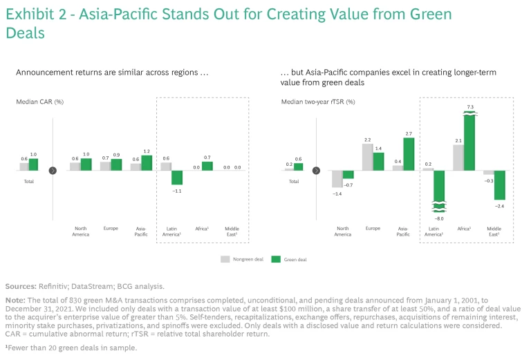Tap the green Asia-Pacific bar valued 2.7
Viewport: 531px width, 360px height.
[409, 153]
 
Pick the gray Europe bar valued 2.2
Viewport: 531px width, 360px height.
[368, 156]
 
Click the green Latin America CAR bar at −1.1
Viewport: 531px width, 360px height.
[177, 176]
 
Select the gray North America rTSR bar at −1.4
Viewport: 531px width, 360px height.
[337, 178]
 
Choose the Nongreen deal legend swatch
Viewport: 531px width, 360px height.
[225, 259]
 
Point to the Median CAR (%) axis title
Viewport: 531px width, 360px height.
[40, 102]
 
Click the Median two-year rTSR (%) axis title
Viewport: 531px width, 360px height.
[317, 102]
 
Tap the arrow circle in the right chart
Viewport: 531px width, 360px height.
[316, 169]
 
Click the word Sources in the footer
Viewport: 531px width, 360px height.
[21, 285]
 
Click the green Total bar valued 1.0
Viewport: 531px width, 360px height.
[33, 164]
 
